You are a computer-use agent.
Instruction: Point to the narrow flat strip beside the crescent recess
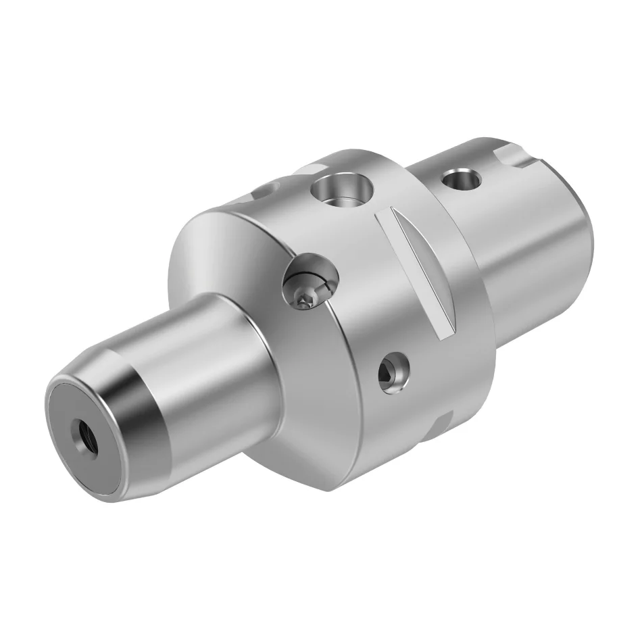coord(439,284)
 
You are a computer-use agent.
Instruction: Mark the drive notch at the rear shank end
coord(517,157)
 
